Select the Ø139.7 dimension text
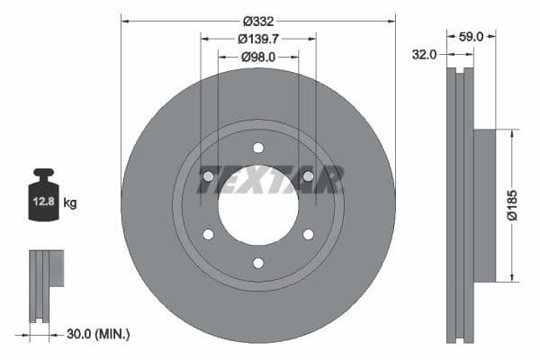coord(258,38)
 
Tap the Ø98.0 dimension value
coord(258,57)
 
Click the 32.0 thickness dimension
coord(425,54)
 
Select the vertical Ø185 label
coord(511,204)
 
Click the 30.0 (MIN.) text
coord(99,334)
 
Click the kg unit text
coord(69,203)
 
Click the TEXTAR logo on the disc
coord(270,181)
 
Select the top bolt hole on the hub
coord(258,148)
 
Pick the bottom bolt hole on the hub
coord(258,263)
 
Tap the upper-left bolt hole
coord(208,176)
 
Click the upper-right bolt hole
coord(308,176)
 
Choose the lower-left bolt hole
coord(208,234)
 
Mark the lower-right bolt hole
coord(308,234)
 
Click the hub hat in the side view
coord(484,205)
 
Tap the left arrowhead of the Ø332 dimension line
coord(124,20)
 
